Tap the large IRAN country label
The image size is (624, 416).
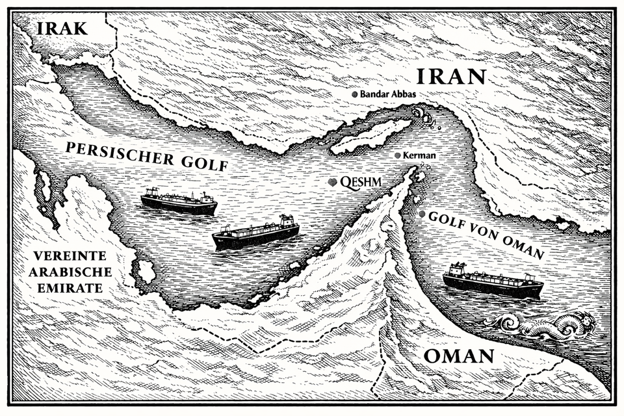pyautogui.click(x=450, y=77)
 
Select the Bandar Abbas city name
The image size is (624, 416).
pyautogui.click(x=388, y=94)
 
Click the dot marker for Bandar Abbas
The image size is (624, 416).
pyautogui.click(x=354, y=94)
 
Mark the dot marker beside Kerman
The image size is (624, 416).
pyautogui.click(x=398, y=156)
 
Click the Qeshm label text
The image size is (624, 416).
pyautogui.click(x=361, y=182)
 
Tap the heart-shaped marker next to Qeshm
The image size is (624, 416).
pyautogui.click(x=332, y=183)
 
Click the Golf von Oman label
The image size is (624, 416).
pyautogui.click(x=486, y=235)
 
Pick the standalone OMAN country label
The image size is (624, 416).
pyautogui.click(x=458, y=356)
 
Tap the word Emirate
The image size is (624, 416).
pyautogui.click(x=70, y=287)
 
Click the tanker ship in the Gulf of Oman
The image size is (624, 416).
pyautogui.click(x=493, y=282)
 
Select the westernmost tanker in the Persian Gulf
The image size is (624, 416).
pyautogui.click(x=179, y=203)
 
